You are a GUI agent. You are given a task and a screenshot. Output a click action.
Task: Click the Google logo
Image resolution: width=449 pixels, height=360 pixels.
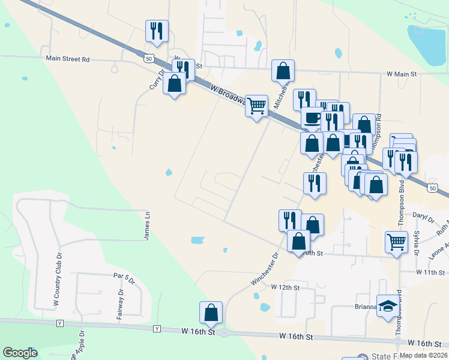(x=20, y=353)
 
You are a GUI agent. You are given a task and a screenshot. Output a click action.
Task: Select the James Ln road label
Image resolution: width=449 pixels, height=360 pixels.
(x=146, y=226)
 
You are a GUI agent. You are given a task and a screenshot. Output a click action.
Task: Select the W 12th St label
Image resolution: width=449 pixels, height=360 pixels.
(x=285, y=287)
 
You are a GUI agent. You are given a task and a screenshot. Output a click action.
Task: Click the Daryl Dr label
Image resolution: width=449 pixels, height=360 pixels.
(x=422, y=214)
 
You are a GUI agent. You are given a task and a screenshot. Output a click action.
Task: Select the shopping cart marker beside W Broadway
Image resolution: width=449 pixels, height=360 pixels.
(x=257, y=105)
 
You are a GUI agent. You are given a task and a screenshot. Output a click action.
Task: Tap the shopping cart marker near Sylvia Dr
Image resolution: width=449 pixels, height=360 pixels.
(x=396, y=241)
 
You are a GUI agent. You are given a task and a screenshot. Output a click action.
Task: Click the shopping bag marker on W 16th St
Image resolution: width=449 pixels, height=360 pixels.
(x=211, y=312)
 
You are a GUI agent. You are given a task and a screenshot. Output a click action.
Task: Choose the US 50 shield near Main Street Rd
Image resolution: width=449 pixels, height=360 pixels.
(x=148, y=59)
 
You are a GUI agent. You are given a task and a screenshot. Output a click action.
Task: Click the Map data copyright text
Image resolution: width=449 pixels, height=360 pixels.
(x=423, y=355)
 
